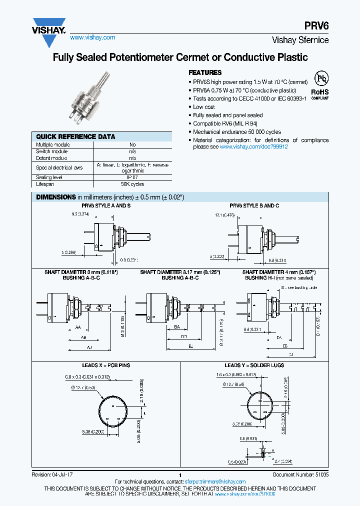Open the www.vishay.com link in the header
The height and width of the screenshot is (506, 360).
(92, 37)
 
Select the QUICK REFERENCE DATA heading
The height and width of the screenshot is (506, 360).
(75, 136)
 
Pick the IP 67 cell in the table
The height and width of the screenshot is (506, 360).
(132, 177)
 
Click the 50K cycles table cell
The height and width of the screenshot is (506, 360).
(132, 184)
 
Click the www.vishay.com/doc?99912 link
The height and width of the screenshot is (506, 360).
(253, 147)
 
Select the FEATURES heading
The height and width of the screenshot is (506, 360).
(204, 72)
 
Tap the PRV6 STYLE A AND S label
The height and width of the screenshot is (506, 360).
(106, 205)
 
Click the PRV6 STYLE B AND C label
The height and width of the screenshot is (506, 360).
(254, 205)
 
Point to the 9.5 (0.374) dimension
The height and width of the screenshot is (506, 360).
(80, 214)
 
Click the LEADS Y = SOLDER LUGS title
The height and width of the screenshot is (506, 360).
(254, 365)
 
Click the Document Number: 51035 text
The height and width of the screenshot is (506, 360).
(300, 474)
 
